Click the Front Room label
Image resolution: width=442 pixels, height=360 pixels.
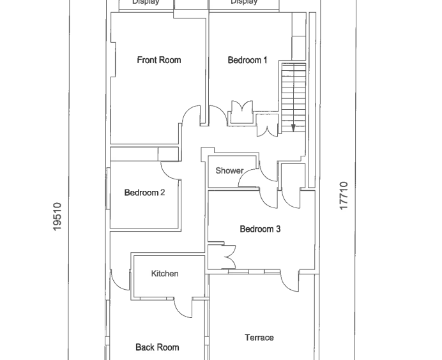pos(159,60)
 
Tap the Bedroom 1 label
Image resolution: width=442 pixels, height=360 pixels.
pos(247,60)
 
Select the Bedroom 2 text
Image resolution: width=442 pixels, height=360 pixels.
pos(144,193)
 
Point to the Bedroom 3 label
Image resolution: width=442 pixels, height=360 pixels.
pos(260,229)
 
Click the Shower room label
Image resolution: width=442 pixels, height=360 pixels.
pos(229,170)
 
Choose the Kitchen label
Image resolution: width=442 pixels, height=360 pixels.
pos(164,274)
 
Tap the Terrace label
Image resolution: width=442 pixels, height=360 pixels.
pos(259,338)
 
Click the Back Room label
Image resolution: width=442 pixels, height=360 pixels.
pos(157,347)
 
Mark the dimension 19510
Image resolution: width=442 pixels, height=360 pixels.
pos(57,216)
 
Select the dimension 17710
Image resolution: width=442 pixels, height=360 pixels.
pos(344,195)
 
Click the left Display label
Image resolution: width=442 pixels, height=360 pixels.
pos(146,3)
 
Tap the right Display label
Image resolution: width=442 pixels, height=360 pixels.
pos(244,3)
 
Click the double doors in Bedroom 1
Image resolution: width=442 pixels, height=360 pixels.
pos(242,109)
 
